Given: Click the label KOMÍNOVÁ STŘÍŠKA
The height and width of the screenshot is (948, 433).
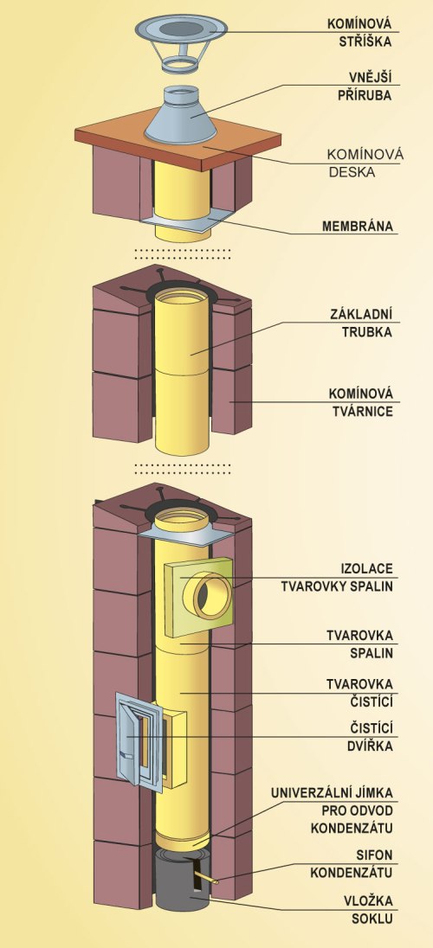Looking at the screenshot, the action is point(359,33).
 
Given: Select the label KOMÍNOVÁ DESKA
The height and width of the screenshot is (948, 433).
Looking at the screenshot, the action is point(365,163).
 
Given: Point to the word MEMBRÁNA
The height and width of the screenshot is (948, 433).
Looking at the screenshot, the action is point(358,227).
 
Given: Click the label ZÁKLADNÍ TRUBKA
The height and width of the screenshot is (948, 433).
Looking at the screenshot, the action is point(361,323).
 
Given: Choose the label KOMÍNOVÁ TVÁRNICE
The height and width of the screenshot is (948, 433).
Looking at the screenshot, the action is point(359,403).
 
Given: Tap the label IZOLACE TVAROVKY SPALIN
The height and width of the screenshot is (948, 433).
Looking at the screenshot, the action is point(353,578).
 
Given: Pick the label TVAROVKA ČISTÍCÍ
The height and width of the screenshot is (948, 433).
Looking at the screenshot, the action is point(359,693).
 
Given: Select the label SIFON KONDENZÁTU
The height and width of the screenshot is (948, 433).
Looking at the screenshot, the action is point(352,864).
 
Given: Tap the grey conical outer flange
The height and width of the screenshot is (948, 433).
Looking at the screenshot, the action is point(181,115).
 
